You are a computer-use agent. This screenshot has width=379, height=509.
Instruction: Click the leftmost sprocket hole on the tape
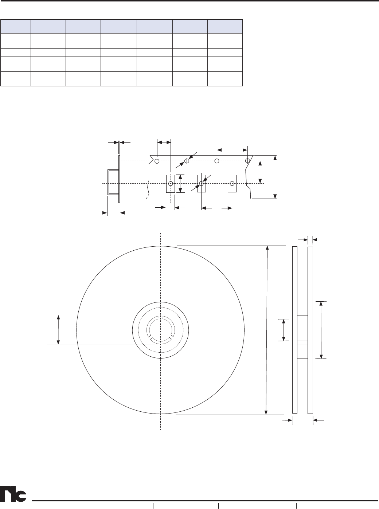(x=157, y=161)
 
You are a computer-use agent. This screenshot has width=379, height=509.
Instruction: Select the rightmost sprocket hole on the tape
(x=247, y=161)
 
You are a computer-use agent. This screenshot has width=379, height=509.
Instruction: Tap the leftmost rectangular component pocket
(x=171, y=184)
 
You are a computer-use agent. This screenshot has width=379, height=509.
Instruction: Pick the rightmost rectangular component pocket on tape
(x=232, y=184)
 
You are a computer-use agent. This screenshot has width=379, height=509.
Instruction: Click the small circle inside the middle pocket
(x=201, y=184)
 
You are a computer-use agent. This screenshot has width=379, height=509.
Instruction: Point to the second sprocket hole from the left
(x=187, y=161)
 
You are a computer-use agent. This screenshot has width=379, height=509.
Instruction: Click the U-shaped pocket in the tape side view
(x=108, y=183)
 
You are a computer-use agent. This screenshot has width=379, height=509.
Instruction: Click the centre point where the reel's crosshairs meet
(x=160, y=330)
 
